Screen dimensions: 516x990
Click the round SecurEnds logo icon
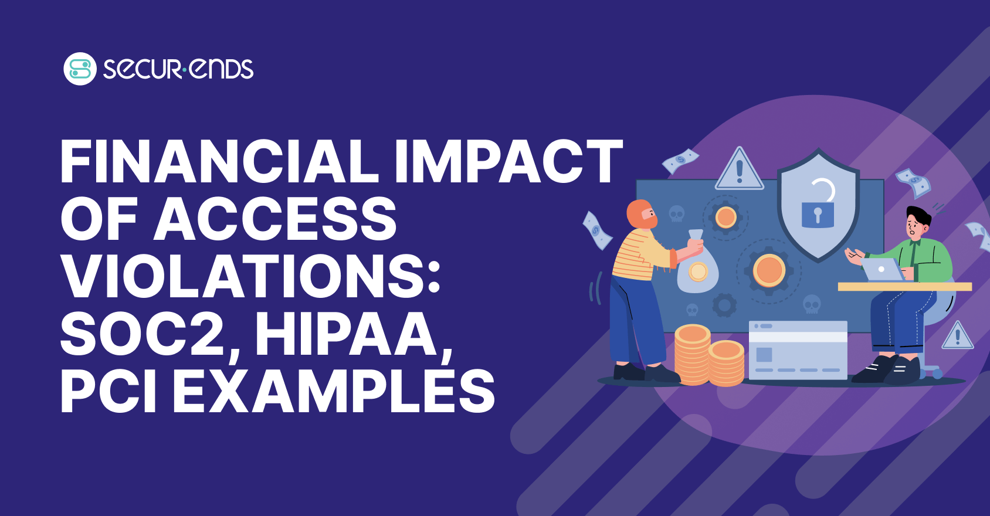80,69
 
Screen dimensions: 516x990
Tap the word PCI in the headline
108,391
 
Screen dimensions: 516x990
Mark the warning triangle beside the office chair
958,337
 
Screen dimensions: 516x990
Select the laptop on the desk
883,270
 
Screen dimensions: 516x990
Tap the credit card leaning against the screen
798,350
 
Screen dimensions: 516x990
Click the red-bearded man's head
642,215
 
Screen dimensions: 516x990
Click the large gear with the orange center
769,271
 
